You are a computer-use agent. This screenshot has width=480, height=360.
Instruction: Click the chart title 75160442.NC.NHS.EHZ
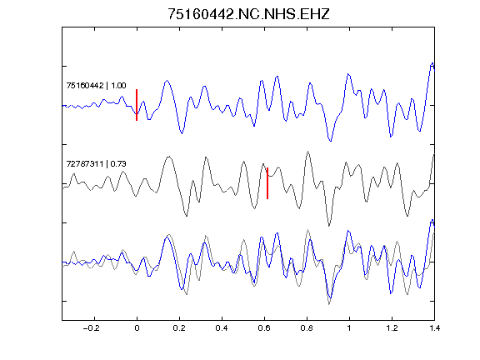(x=248, y=14)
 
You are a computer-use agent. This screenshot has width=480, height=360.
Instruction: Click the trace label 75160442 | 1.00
(x=96, y=85)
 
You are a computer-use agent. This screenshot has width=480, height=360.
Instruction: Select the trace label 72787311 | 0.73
(x=96, y=164)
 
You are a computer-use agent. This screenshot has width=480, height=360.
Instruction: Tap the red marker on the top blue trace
(x=137, y=105)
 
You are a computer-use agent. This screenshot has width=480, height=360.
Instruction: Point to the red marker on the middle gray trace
(x=267, y=183)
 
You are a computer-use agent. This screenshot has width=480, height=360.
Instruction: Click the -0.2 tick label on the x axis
(x=91, y=328)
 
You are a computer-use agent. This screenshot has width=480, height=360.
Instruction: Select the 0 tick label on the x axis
(x=137, y=328)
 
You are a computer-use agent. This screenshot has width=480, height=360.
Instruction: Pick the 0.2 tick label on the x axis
(x=179, y=328)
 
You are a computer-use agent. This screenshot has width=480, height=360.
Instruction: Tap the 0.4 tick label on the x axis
(x=222, y=328)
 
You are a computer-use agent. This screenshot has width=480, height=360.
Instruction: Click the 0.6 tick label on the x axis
(x=264, y=328)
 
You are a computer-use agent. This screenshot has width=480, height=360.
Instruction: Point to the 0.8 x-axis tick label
(x=307, y=328)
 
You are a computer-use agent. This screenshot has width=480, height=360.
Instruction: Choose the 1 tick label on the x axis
(x=349, y=328)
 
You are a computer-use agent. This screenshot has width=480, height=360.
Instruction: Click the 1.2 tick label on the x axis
(x=392, y=328)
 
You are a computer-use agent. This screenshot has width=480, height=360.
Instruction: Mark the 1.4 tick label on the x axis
(x=435, y=328)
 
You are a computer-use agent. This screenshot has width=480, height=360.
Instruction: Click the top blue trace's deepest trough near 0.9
(x=330, y=141)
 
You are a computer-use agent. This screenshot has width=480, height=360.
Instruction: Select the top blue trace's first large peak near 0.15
(x=167, y=81)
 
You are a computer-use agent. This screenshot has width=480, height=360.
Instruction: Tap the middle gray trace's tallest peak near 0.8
(x=308, y=152)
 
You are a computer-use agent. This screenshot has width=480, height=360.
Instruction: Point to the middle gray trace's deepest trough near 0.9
(x=329, y=226)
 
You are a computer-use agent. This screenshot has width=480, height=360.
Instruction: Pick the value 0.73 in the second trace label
(x=118, y=164)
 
